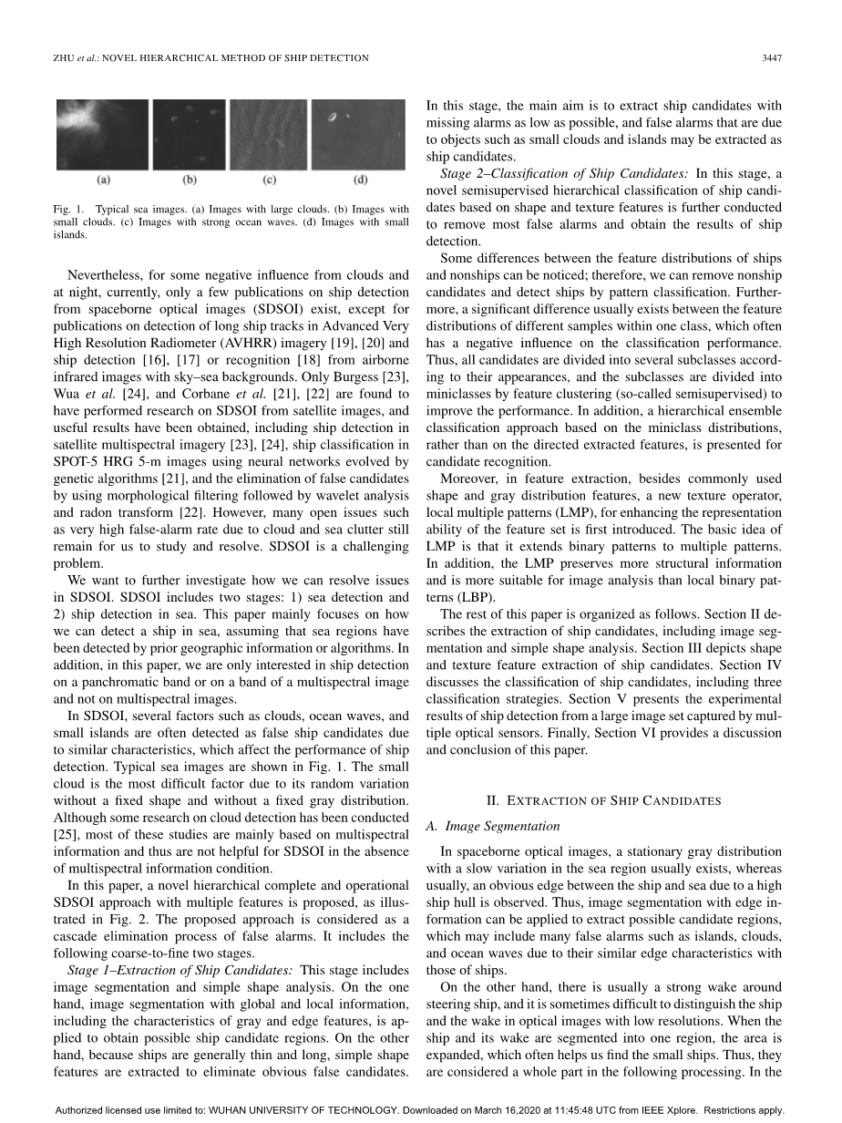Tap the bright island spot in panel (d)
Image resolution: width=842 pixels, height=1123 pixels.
[x=333, y=116]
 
